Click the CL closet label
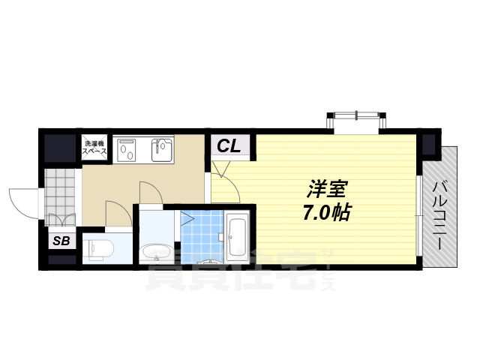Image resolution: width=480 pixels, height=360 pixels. point(230,147)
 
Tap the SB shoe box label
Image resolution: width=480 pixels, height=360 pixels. point(60,241)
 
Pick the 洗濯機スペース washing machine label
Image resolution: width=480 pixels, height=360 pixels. point(95,147)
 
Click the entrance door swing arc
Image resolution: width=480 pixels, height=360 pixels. point(22,201)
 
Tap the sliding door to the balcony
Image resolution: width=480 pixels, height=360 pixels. point(417,217)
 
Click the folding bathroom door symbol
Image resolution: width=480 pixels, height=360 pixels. point(187,221)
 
